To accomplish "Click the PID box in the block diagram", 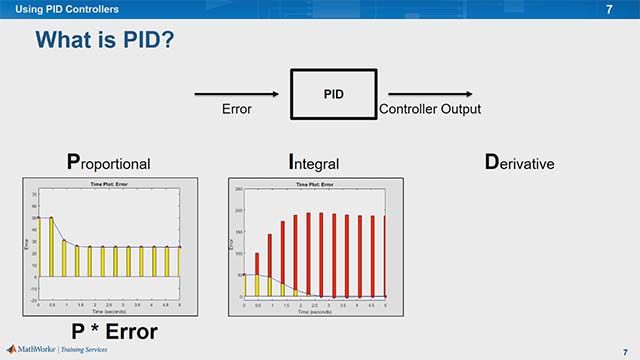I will point(334,95).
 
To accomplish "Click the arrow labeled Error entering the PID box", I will point(240,95).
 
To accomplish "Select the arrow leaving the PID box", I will point(420,95).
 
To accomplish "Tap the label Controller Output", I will point(429,109).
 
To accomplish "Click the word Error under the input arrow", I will point(237,109).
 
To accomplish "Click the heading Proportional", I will point(94,162).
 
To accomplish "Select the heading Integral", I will point(313,162).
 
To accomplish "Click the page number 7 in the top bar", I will point(609,9).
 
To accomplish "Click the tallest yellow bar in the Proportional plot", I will point(51,246).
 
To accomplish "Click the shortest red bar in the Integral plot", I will point(257,276).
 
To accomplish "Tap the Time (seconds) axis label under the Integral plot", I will point(315,312).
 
